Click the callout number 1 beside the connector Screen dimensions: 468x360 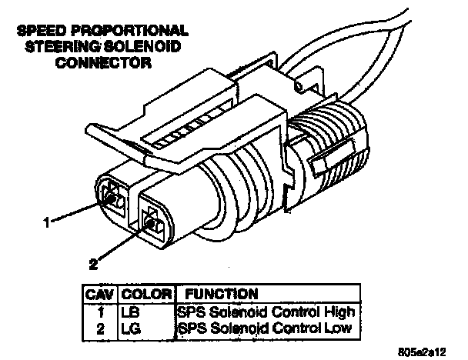tap(46, 223)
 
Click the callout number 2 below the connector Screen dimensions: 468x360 tap(93, 265)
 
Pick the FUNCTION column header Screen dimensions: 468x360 tap(218, 294)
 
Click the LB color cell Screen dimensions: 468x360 tap(129, 312)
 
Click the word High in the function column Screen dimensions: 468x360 tap(339, 312)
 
